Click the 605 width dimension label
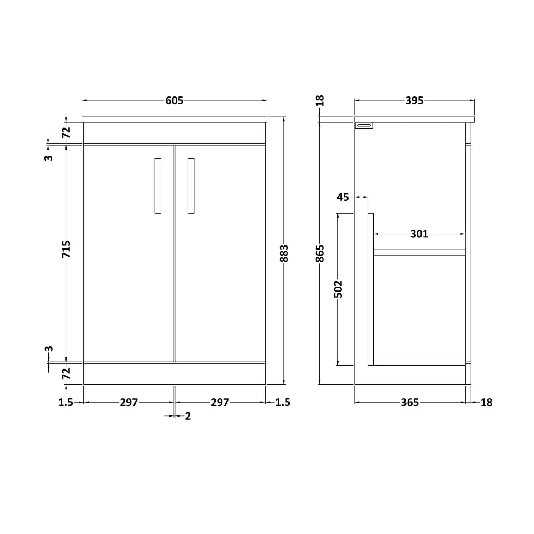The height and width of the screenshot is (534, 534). click(x=174, y=100)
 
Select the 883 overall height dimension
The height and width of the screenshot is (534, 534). click(x=284, y=253)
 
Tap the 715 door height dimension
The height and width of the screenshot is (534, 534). click(x=66, y=249)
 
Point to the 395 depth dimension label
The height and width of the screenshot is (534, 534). click(x=414, y=100)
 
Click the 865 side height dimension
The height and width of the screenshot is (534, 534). click(x=320, y=253)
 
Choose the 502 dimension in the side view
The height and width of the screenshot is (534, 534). click(x=338, y=289)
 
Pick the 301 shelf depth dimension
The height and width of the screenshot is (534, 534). click(x=419, y=234)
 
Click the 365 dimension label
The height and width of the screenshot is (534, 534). click(x=409, y=402)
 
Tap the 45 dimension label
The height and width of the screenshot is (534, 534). click(x=343, y=197)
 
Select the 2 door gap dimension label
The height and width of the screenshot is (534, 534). click(x=188, y=416)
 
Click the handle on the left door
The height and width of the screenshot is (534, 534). click(x=158, y=186)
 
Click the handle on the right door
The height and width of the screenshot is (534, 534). click(x=191, y=186)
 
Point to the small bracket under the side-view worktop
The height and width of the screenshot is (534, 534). click(x=364, y=125)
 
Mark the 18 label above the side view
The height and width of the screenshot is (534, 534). click(x=320, y=101)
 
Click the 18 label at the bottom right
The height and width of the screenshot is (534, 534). click(x=486, y=402)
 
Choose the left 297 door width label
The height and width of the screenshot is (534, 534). click(x=129, y=402)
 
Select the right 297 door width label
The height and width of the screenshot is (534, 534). click(x=220, y=402)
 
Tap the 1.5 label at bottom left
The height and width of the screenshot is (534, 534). click(x=66, y=402)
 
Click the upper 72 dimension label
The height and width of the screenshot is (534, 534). click(x=66, y=132)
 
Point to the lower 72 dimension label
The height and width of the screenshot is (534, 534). click(x=66, y=373)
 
